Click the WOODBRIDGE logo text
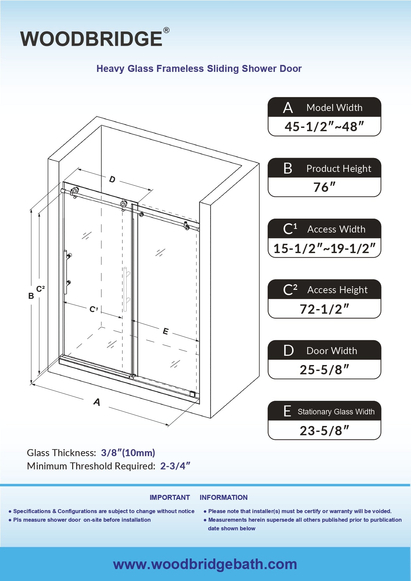point(91,39)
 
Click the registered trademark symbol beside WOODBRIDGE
point(166,30)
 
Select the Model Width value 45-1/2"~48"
point(324,127)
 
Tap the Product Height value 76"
point(324,187)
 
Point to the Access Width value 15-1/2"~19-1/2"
point(324,248)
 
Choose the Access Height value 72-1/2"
point(324,309)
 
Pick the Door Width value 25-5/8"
point(324,370)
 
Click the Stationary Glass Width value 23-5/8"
point(324,431)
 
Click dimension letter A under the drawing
point(97,402)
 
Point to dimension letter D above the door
point(112,179)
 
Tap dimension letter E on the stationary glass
point(166,331)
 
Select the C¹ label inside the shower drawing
point(94,309)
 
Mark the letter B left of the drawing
point(31,296)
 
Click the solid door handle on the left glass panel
point(66,272)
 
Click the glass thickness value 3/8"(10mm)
point(128,453)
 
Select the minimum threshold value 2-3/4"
point(175,466)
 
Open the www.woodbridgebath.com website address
point(205,564)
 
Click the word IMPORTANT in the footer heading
point(170,498)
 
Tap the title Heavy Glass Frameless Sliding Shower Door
point(199,69)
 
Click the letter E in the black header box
point(287,411)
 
